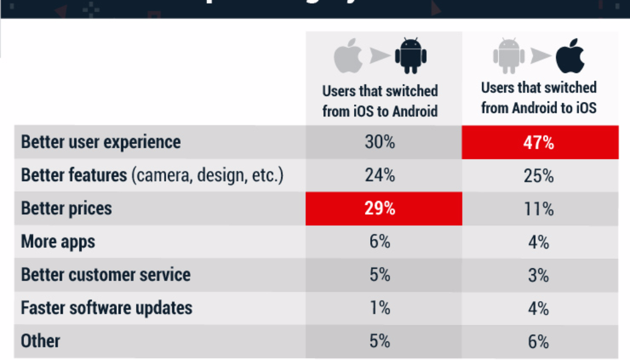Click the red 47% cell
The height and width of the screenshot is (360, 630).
[x=539, y=143]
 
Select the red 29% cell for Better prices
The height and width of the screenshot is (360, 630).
[x=380, y=209]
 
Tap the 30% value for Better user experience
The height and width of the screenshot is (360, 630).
[x=380, y=143]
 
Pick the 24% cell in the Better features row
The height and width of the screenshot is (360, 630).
[x=380, y=176]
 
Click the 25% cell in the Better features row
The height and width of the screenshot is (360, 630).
[x=539, y=176]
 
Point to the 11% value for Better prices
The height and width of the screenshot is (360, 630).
[x=539, y=209]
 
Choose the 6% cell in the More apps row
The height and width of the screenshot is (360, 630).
[x=380, y=242]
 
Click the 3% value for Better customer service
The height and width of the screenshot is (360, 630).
[x=539, y=275]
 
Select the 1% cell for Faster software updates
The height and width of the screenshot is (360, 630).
[x=380, y=308]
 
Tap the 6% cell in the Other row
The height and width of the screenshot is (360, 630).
[x=539, y=341]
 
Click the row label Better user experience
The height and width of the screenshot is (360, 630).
[x=101, y=143]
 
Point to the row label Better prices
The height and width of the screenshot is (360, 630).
[x=67, y=209]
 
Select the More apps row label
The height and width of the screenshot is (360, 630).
[x=58, y=242]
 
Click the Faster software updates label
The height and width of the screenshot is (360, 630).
[x=107, y=308]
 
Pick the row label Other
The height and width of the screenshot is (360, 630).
[x=41, y=341]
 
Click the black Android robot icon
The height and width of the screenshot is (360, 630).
[x=410, y=56]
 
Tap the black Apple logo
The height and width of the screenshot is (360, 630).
[x=569, y=56]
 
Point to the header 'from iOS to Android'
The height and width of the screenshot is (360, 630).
[x=380, y=110]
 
